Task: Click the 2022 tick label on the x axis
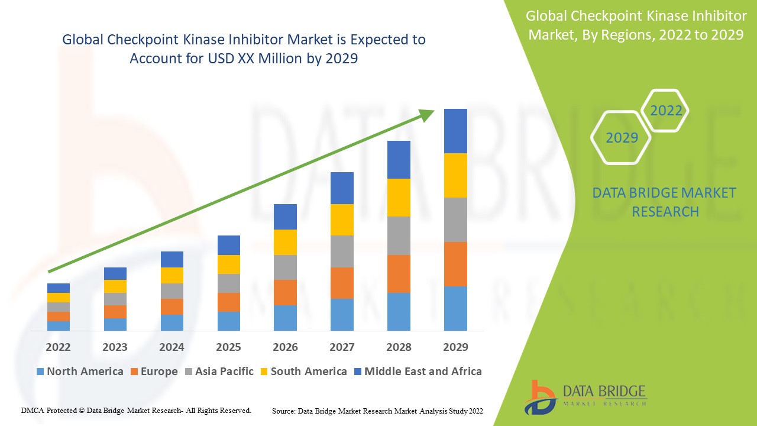[58, 347]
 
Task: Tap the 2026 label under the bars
[285, 347]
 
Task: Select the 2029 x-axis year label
[455, 347]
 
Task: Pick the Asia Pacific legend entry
[223, 372]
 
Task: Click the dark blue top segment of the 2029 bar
[455, 131]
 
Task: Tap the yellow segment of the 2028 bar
[399, 198]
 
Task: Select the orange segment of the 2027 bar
[342, 283]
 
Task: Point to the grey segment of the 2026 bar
[285, 267]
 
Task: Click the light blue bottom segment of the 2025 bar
[228, 321]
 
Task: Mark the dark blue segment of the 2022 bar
[58, 288]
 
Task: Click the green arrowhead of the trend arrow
[427, 115]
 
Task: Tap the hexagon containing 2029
[621, 138]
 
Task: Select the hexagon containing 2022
[666, 111]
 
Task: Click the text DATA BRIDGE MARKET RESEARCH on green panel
[665, 202]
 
